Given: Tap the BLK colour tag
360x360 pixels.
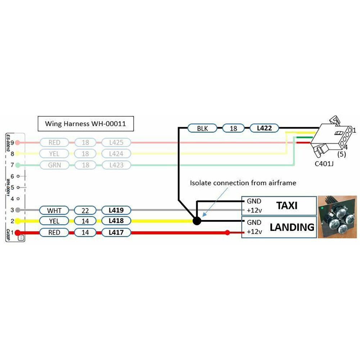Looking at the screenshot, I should point(203,128).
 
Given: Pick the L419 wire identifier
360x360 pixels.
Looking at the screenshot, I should point(116,210).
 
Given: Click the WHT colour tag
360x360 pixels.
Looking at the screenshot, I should point(55,210).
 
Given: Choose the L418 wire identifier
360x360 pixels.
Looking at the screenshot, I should point(116,221).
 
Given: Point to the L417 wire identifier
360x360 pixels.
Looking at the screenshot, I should point(116,233).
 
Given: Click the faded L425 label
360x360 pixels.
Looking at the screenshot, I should point(116,143).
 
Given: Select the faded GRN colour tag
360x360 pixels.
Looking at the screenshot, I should point(55,165).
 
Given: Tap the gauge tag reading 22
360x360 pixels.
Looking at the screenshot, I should point(85,210).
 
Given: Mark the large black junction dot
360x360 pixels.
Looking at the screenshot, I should point(197,221).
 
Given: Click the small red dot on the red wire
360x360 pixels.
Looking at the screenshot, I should point(227,233).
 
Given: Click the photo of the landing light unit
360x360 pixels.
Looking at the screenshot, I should point(337,217).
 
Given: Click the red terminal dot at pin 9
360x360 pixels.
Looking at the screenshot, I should point(17,143).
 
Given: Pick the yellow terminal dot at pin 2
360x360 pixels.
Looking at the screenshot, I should point(17,221).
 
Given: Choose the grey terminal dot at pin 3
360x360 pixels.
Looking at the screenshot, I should point(17,210).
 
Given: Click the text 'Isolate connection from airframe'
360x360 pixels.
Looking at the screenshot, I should point(243,183).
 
